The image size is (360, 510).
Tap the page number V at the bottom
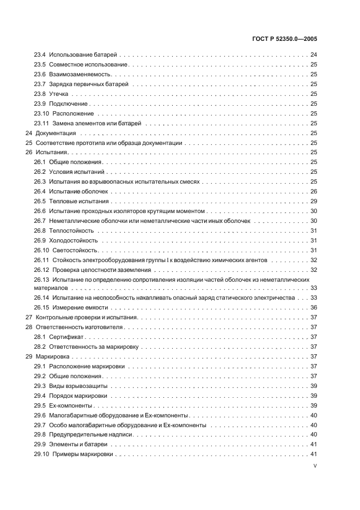click(x=315, y=466)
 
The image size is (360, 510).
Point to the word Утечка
click(x=58, y=94)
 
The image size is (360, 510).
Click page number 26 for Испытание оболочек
click(x=314, y=192)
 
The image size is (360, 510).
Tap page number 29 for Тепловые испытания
click(x=314, y=202)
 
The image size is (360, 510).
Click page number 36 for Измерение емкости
click(x=314, y=307)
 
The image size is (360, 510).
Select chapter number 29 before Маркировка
click(x=29, y=356)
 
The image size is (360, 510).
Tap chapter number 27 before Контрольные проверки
click(x=29, y=317)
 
